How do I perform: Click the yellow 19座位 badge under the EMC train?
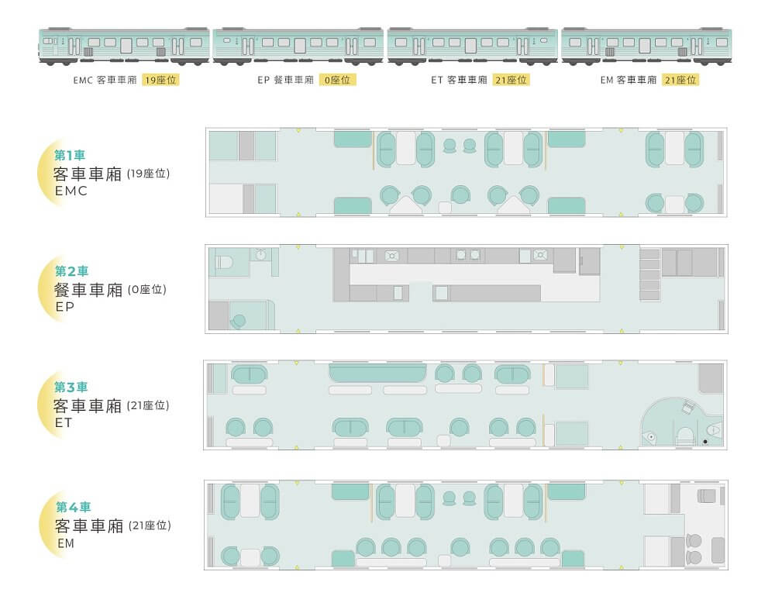click(x=160, y=80)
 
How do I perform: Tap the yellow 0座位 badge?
click(x=338, y=80)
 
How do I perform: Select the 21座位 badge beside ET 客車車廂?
click(x=511, y=80)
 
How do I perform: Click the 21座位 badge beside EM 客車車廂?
click(x=680, y=80)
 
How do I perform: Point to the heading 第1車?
click(x=70, y=155)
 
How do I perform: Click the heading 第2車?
click(x=71, y=271)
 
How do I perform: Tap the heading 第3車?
click(x=71, y=387)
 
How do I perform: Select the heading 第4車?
click(x=73, y=507)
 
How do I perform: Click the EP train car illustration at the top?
click(x=298, y=46)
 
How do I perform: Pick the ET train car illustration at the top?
click(x=473, y=46)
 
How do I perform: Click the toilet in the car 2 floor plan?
click(x=225, y=261)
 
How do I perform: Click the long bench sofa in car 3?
click(x=377, y=373)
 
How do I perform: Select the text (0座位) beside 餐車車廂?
click(x=147, y=290)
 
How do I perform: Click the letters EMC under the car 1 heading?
click(x=71, y=191)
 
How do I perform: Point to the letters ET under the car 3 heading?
click(x=64, y=423)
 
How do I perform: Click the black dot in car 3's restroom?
click(x=705, y=442)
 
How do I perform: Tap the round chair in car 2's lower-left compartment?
click(x=239, y=322)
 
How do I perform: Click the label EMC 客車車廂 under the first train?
click(x=105, y=80)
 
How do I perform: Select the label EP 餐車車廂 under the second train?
click(x=286, y=80)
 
